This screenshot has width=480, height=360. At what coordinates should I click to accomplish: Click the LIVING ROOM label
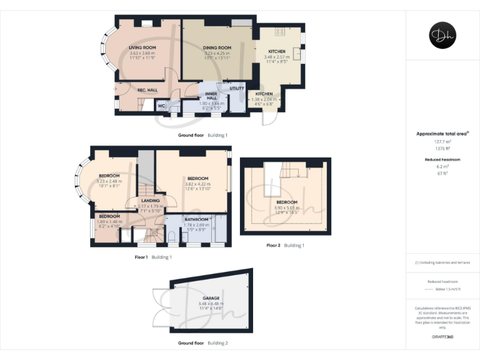tap(142, 47)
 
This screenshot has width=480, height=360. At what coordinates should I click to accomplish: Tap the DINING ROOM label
tap(217, 47)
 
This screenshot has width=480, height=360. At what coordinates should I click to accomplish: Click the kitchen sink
tap(297, 54)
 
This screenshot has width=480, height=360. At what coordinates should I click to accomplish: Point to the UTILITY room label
tap(236, 89)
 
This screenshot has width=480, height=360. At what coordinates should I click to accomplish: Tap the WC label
tap(161, 106)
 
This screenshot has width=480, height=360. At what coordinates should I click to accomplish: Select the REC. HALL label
tap(147, 90)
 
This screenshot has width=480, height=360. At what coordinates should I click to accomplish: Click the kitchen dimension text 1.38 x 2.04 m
tap(263, 99)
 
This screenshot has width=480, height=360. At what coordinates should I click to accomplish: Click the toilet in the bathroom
tap(172, 237)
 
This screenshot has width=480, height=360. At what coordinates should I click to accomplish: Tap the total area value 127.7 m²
tap(442, 142)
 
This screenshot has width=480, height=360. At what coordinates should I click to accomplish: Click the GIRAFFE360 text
tap(442, 336)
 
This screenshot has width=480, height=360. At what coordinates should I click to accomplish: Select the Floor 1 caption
tap(141, 257)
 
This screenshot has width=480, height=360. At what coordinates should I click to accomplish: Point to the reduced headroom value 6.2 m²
tap(442, 167)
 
